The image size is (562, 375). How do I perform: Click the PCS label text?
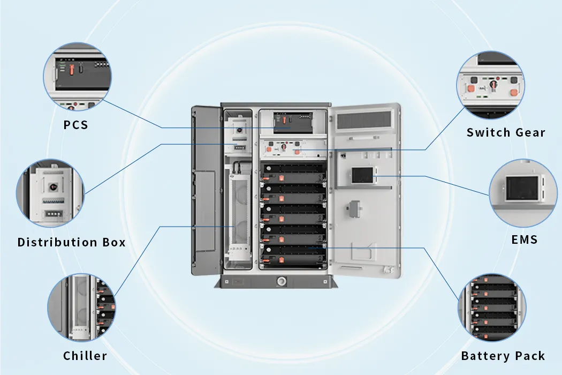(x=75, y=125)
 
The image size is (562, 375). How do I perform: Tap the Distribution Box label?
(x=71, y=242)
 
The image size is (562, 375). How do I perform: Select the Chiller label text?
(x=85, y=356)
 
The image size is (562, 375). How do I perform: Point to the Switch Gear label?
(x=506, y=132)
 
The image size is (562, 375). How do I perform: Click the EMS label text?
(x=524, y=239)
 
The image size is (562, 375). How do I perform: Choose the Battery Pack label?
(x=503, y=356)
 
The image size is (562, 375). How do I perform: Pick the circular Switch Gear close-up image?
(x=490, y=86)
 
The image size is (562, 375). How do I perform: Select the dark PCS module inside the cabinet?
(x=292, y=123)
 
